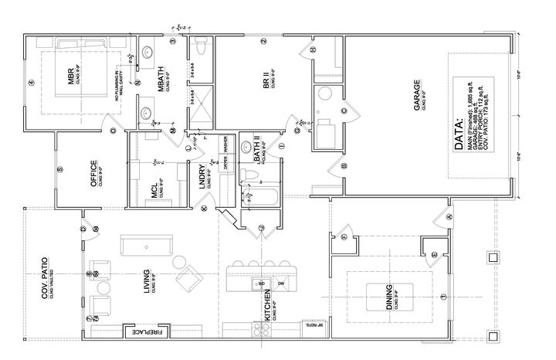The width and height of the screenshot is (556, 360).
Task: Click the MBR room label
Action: tap(70, 77)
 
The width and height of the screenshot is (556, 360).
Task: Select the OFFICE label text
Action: tap(93, 170)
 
